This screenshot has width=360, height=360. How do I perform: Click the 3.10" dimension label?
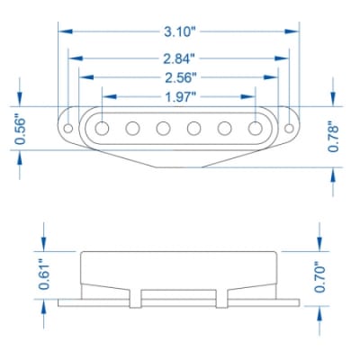point(180,31)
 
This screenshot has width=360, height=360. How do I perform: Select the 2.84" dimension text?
point(180,58)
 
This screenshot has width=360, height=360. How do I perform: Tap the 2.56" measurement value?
point(180,76)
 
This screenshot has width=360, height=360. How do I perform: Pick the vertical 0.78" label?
point(334,136)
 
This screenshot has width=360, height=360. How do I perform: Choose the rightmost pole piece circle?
point(256,128)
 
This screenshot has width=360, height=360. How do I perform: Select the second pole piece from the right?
point(225,128)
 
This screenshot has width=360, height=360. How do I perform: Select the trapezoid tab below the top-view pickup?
point(180,158)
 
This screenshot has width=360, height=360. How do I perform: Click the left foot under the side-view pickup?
point(136,299)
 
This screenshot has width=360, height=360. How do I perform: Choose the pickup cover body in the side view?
point(180,270)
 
